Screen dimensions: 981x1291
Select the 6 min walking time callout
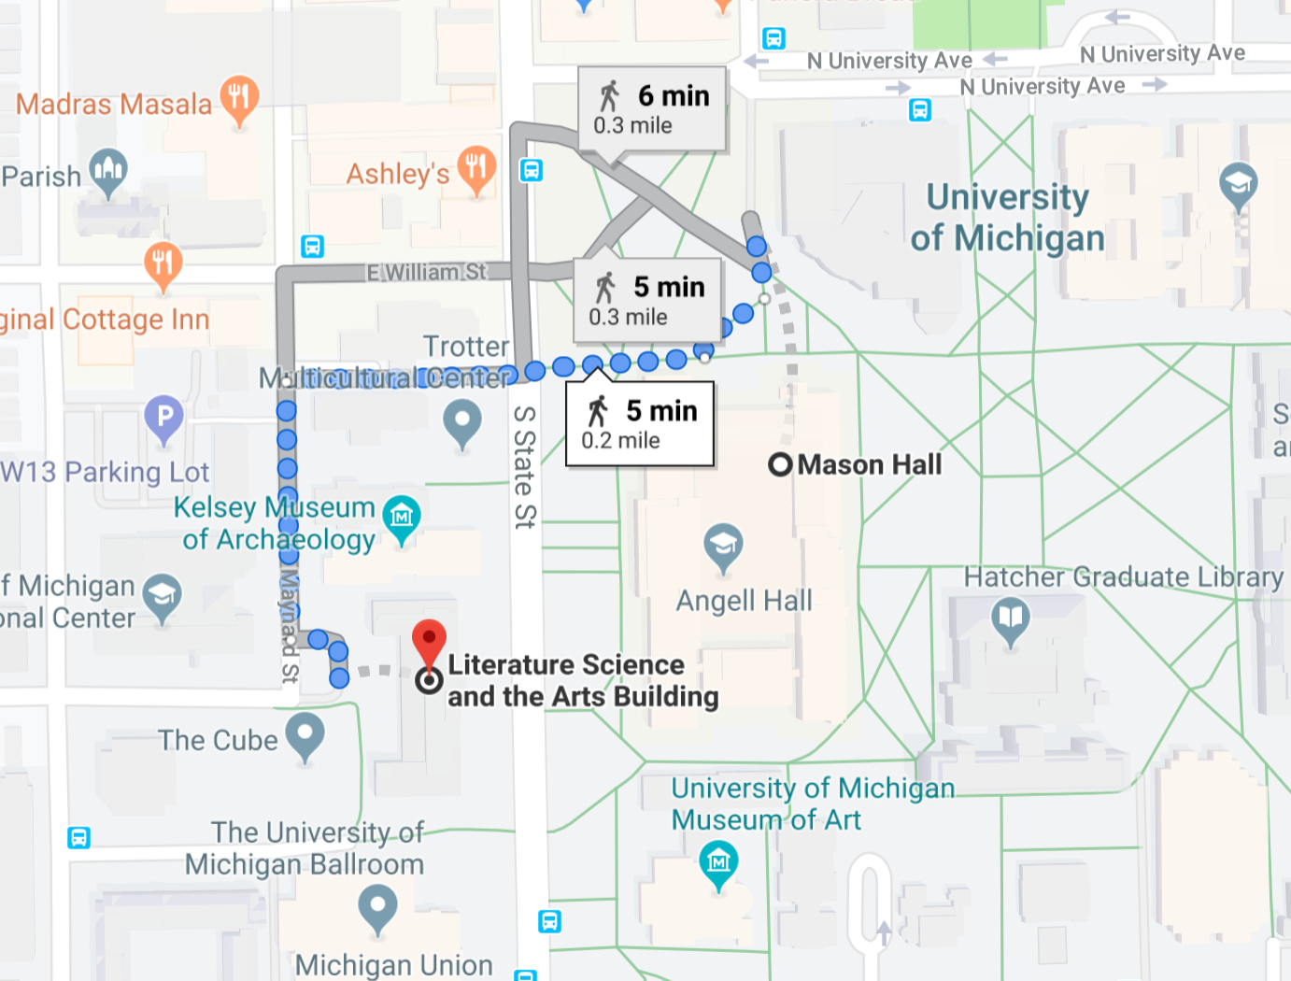(x=652, y=109)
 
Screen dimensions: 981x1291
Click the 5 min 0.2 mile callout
(x=640, y=424)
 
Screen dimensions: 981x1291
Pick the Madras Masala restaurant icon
(x=239, y=98)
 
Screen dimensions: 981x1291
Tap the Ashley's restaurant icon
(x=476, y=168)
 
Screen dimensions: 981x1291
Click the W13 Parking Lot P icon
(x=164, y=417)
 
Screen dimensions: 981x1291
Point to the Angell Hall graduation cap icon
(x=723, y=545)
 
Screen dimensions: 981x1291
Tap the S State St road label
(x=525, y=467)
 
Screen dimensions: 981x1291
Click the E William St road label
(x=426, y=272)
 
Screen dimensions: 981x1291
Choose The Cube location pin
(x=305, y=734)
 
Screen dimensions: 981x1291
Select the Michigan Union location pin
(x=377, y=906)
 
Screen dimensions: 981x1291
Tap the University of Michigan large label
(x=1007, y=218)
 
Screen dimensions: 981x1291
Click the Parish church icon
(x=108, y=171)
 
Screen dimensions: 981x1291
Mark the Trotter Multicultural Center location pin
(x=462, y=421)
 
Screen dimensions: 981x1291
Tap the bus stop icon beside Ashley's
(x=532, y=171)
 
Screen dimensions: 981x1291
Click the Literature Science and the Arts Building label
(x=583, y=680)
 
